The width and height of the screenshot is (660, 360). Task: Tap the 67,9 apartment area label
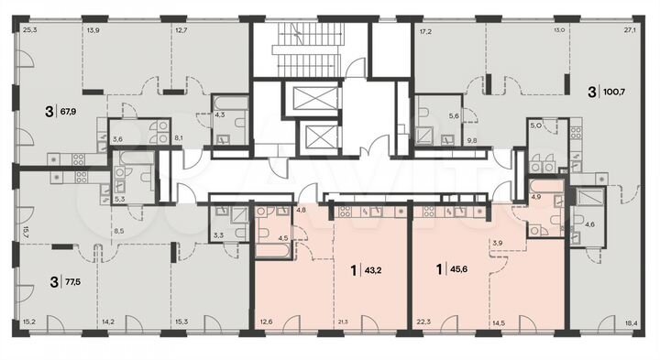[67, 114]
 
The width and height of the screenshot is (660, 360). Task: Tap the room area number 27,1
[630, 30]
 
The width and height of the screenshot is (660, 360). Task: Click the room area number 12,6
[266, 321]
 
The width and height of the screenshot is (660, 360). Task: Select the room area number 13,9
[93, 31]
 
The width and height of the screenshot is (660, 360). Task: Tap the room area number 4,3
[220, 115]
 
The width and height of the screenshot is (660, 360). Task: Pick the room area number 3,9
[499, 244]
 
